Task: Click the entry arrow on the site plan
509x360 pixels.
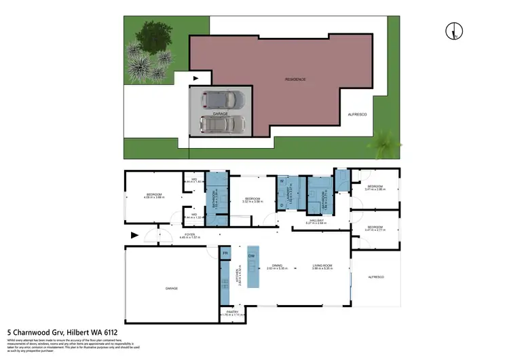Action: point(196,79)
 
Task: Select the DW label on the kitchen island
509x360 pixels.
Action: point(252,256)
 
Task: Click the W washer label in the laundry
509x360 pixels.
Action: point(282,181)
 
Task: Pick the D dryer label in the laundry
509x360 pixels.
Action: point(282,204)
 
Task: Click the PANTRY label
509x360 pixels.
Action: point(231,312)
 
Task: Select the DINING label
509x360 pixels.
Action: point(277,266)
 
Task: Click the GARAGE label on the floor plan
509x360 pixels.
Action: point(171,288)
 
